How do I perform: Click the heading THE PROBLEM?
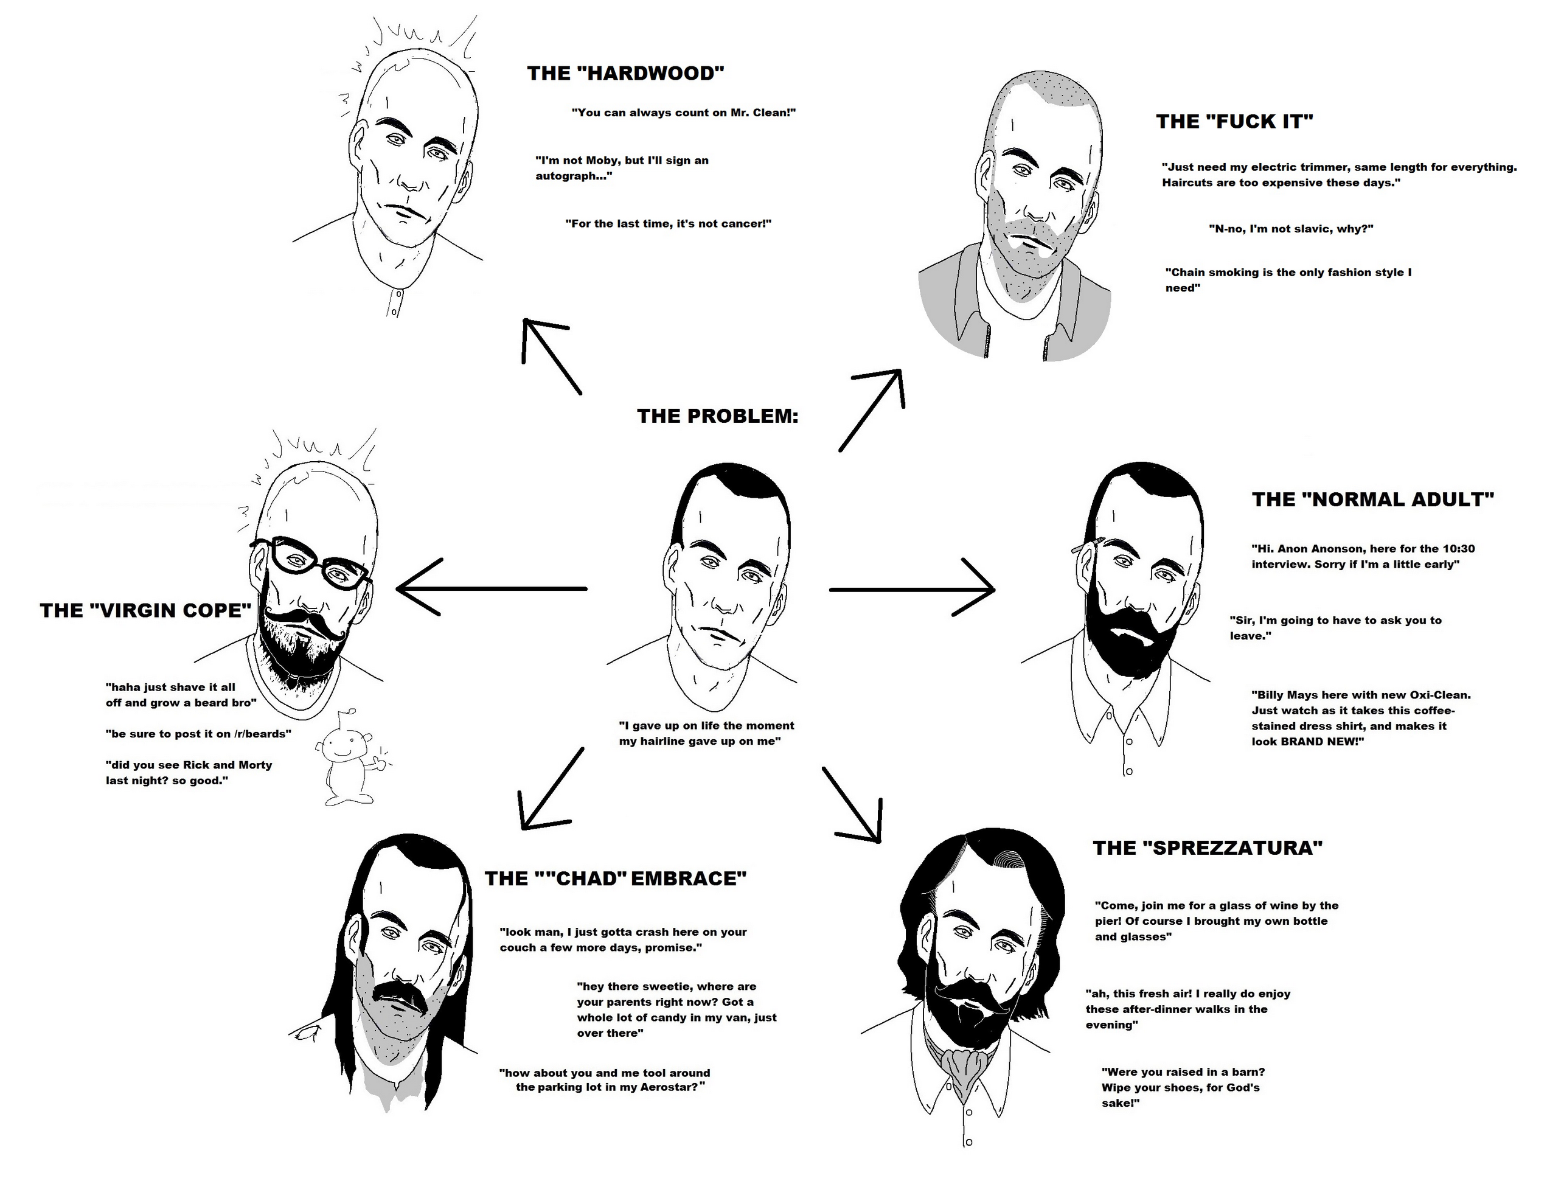(717, 416)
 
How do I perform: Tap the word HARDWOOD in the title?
(652, 74)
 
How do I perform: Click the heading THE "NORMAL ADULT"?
(1373, 500)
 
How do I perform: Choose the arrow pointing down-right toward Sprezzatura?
(853, 804)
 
